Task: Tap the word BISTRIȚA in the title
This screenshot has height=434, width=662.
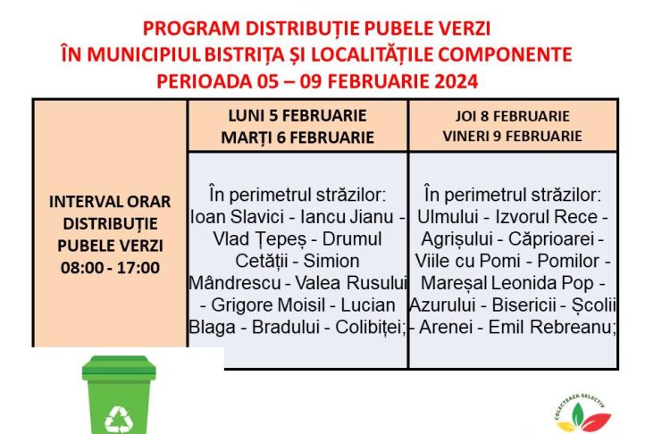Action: click(245, 54)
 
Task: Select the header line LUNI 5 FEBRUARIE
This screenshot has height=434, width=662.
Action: click(297, 116)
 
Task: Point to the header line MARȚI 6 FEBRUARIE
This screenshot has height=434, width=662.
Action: click(297, 138)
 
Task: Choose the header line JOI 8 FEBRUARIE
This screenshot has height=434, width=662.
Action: click(512, 116)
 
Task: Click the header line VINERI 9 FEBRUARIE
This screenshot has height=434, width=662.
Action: click(512, 136)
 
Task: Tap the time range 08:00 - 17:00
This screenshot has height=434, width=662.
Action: click(110, 268)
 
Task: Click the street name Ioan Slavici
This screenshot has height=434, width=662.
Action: click(238, 217)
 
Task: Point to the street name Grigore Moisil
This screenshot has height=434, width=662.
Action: click(268, 305)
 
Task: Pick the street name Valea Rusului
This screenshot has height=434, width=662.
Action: click(350, 283)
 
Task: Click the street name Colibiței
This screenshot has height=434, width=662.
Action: click(370, 327)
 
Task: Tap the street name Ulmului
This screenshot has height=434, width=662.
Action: click(448, 217)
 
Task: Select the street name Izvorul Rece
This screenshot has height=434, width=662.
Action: click(547, 217)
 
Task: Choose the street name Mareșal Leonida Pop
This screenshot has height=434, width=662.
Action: click(507, 284)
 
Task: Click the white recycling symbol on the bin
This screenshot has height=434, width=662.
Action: click(119, 419)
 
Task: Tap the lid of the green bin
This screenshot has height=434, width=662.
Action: click(119, 368)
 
